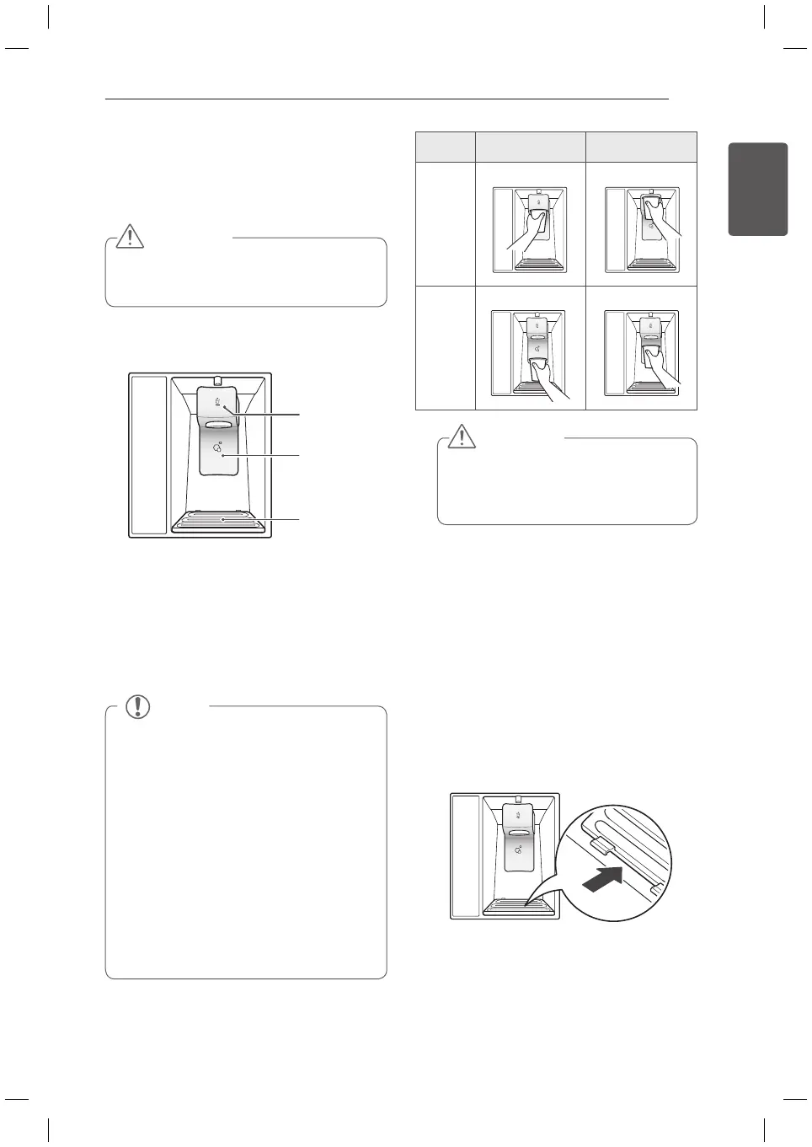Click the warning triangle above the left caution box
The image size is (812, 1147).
[130, 236]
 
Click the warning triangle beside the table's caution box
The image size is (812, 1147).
[461, 436]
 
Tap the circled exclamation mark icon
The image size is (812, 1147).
[137, 706]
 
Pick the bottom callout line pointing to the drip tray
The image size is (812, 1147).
[261, 520]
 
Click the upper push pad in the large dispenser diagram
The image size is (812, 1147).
[217, 401]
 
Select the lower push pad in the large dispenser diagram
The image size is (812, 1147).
[217, 451]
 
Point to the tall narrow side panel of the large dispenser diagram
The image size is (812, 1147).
[150, 455]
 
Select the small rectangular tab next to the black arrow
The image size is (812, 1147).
[600, 843]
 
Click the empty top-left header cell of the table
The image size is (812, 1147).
[446, 147]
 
